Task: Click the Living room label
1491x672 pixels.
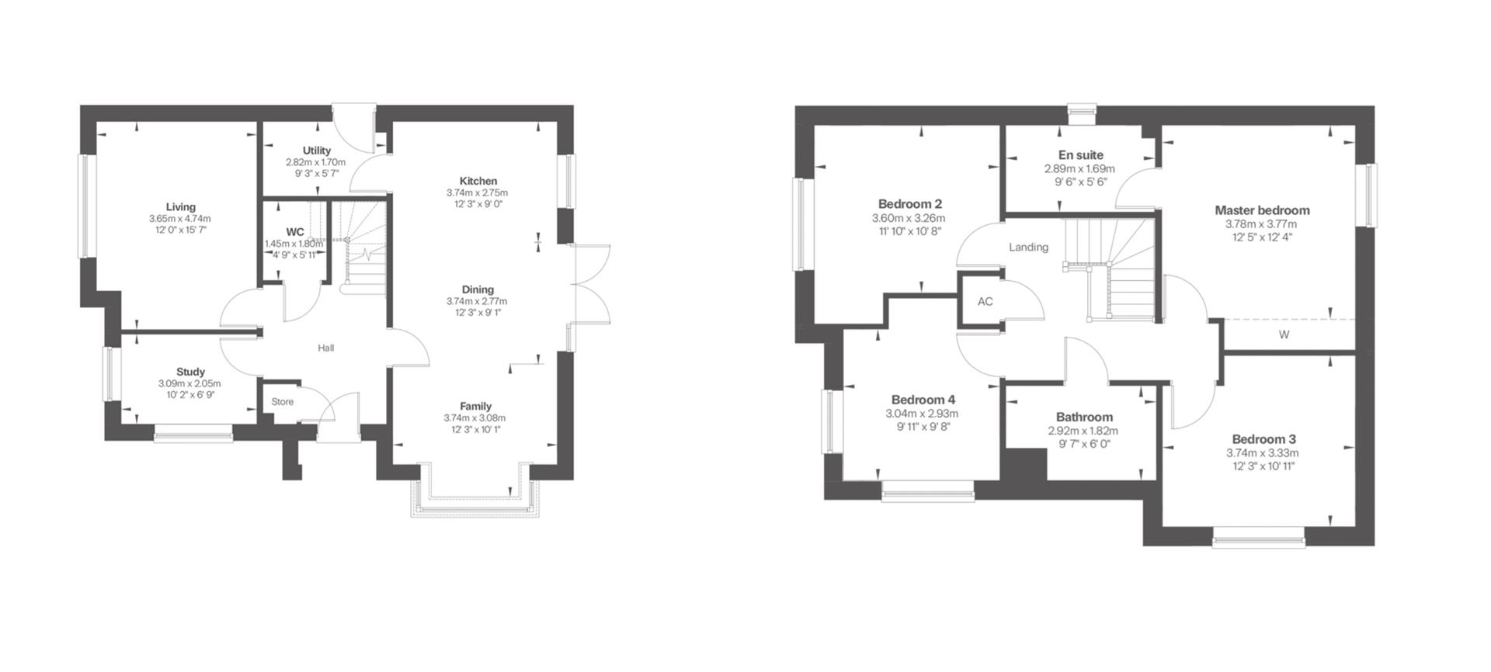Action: pyautogui.click(x=180, y=207)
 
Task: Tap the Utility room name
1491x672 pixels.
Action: pyautogui.click(x=317, y=151)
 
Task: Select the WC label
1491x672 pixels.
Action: pyautogui.click(x=295, y=232)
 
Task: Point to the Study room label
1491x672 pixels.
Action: pyautogui.click(x=190, y=372)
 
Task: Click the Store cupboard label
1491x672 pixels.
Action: pyautogui.click(x=283, y=402)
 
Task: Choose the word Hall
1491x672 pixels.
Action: pyautogui.click(x=326, y=348)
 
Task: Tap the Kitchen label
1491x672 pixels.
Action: pyautogui.click(x=478, y=181)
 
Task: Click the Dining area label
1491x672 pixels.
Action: pyautogui.click(x=478, y=289)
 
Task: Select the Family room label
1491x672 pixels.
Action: pyautogui.click(x=475, y=406)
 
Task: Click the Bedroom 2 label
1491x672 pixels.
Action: pyautogui.click(x=909, y=204)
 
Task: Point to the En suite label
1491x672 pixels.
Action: pyautogui.click(x=1080, y=155)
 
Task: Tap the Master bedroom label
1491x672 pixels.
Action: pyautogui.click(x=1262, y=210)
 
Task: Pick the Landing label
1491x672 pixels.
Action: pyautogui.click(x=1028, y=248)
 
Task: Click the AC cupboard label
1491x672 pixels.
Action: pyautogui.click(x=985, y=302)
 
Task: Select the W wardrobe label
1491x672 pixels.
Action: pyautogui.click(x=1284, y=335)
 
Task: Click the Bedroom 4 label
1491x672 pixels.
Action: pyautogui.click(x=923, y=400)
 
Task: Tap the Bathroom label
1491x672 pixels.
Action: pyautogui.click(x=1084, y=417)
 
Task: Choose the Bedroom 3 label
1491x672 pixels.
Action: pyautogui.click(x=1263, y=439)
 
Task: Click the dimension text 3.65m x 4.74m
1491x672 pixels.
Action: pyautogui.click(x=180, y=219)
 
